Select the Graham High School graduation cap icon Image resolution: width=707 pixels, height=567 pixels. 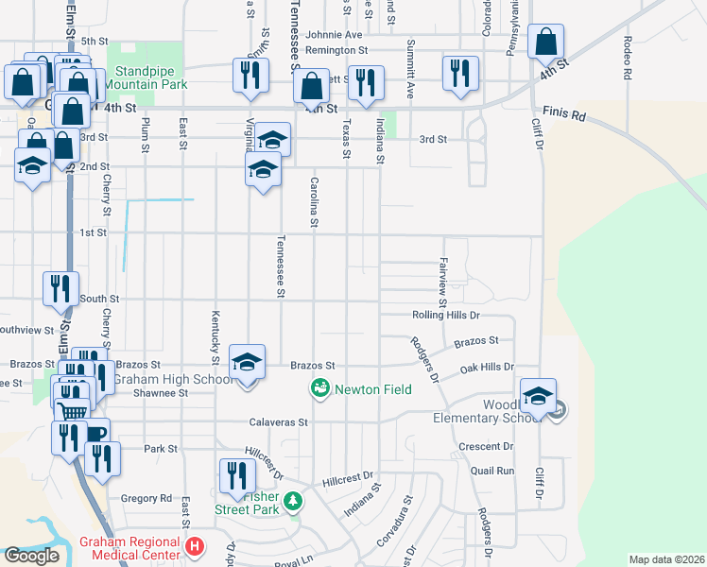click(x=247, y=363)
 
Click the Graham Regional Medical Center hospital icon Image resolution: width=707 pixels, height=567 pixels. click(x=194, y=545)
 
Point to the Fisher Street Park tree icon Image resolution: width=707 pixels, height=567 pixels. click(x=294, y=500)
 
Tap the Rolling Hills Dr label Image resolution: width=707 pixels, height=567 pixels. click(x=447, y=315)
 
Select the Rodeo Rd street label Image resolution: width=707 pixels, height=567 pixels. click(x=628, y=58)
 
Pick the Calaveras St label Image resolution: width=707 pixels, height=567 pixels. click(x=279, y=422)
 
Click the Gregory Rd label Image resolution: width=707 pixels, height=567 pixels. click(x=147, y=498)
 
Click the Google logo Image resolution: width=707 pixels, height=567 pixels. click(x=31, y=556)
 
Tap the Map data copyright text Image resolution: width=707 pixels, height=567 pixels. click(x=666, y=559)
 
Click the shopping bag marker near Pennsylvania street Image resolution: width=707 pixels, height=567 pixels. click(x=546, y=43)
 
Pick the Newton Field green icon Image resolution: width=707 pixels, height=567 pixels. click(x=319, y=387)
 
